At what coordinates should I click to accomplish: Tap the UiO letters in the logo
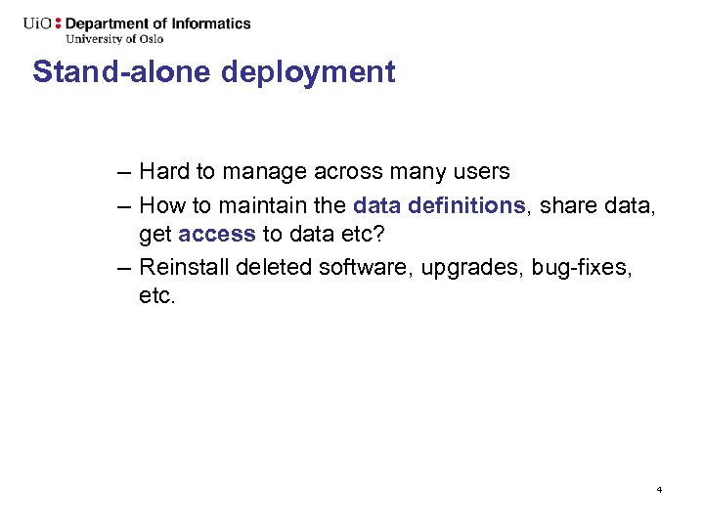pos(40,23)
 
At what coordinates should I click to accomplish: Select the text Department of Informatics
pos(157,23)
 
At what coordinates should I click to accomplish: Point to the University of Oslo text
pos(114,39)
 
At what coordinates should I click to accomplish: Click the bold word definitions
pos(464,206)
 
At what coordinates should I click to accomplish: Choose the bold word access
pos(217,235)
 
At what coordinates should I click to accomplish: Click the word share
pos(564,206)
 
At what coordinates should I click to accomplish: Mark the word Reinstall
pos(179,268)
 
